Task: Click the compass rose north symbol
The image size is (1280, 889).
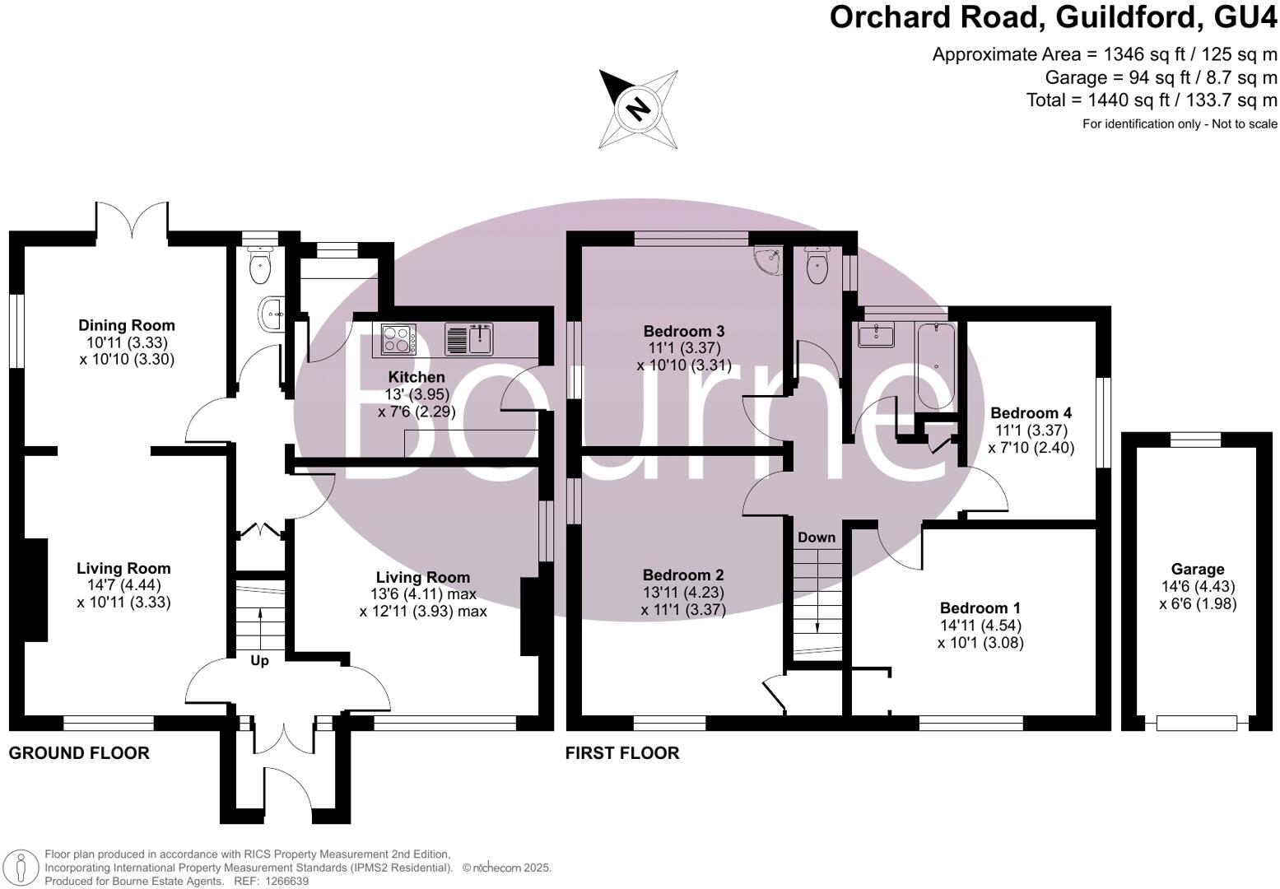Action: pos(638,108)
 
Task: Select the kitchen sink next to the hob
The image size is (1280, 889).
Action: pos(469,338)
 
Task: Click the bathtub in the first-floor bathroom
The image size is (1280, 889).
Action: pos(936,365)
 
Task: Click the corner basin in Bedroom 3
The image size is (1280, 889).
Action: pos(769,260)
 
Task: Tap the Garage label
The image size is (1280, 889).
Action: pos(1198,569)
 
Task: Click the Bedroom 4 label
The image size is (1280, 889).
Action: pos(1031,413)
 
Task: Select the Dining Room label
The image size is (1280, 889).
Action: pos(127,325)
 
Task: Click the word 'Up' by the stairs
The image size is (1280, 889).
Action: pos(259,660)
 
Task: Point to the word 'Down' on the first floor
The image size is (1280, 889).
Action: pos(816,538)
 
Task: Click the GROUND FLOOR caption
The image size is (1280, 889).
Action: pos(79,752)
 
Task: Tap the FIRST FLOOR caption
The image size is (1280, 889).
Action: pos(622,752)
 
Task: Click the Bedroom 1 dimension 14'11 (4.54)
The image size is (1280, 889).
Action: pos(980,625)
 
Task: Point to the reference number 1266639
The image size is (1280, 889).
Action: pos(283,881)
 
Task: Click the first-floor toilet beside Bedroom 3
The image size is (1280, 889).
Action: pos(817,268)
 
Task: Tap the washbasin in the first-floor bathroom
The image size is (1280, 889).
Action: pos(876,336)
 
